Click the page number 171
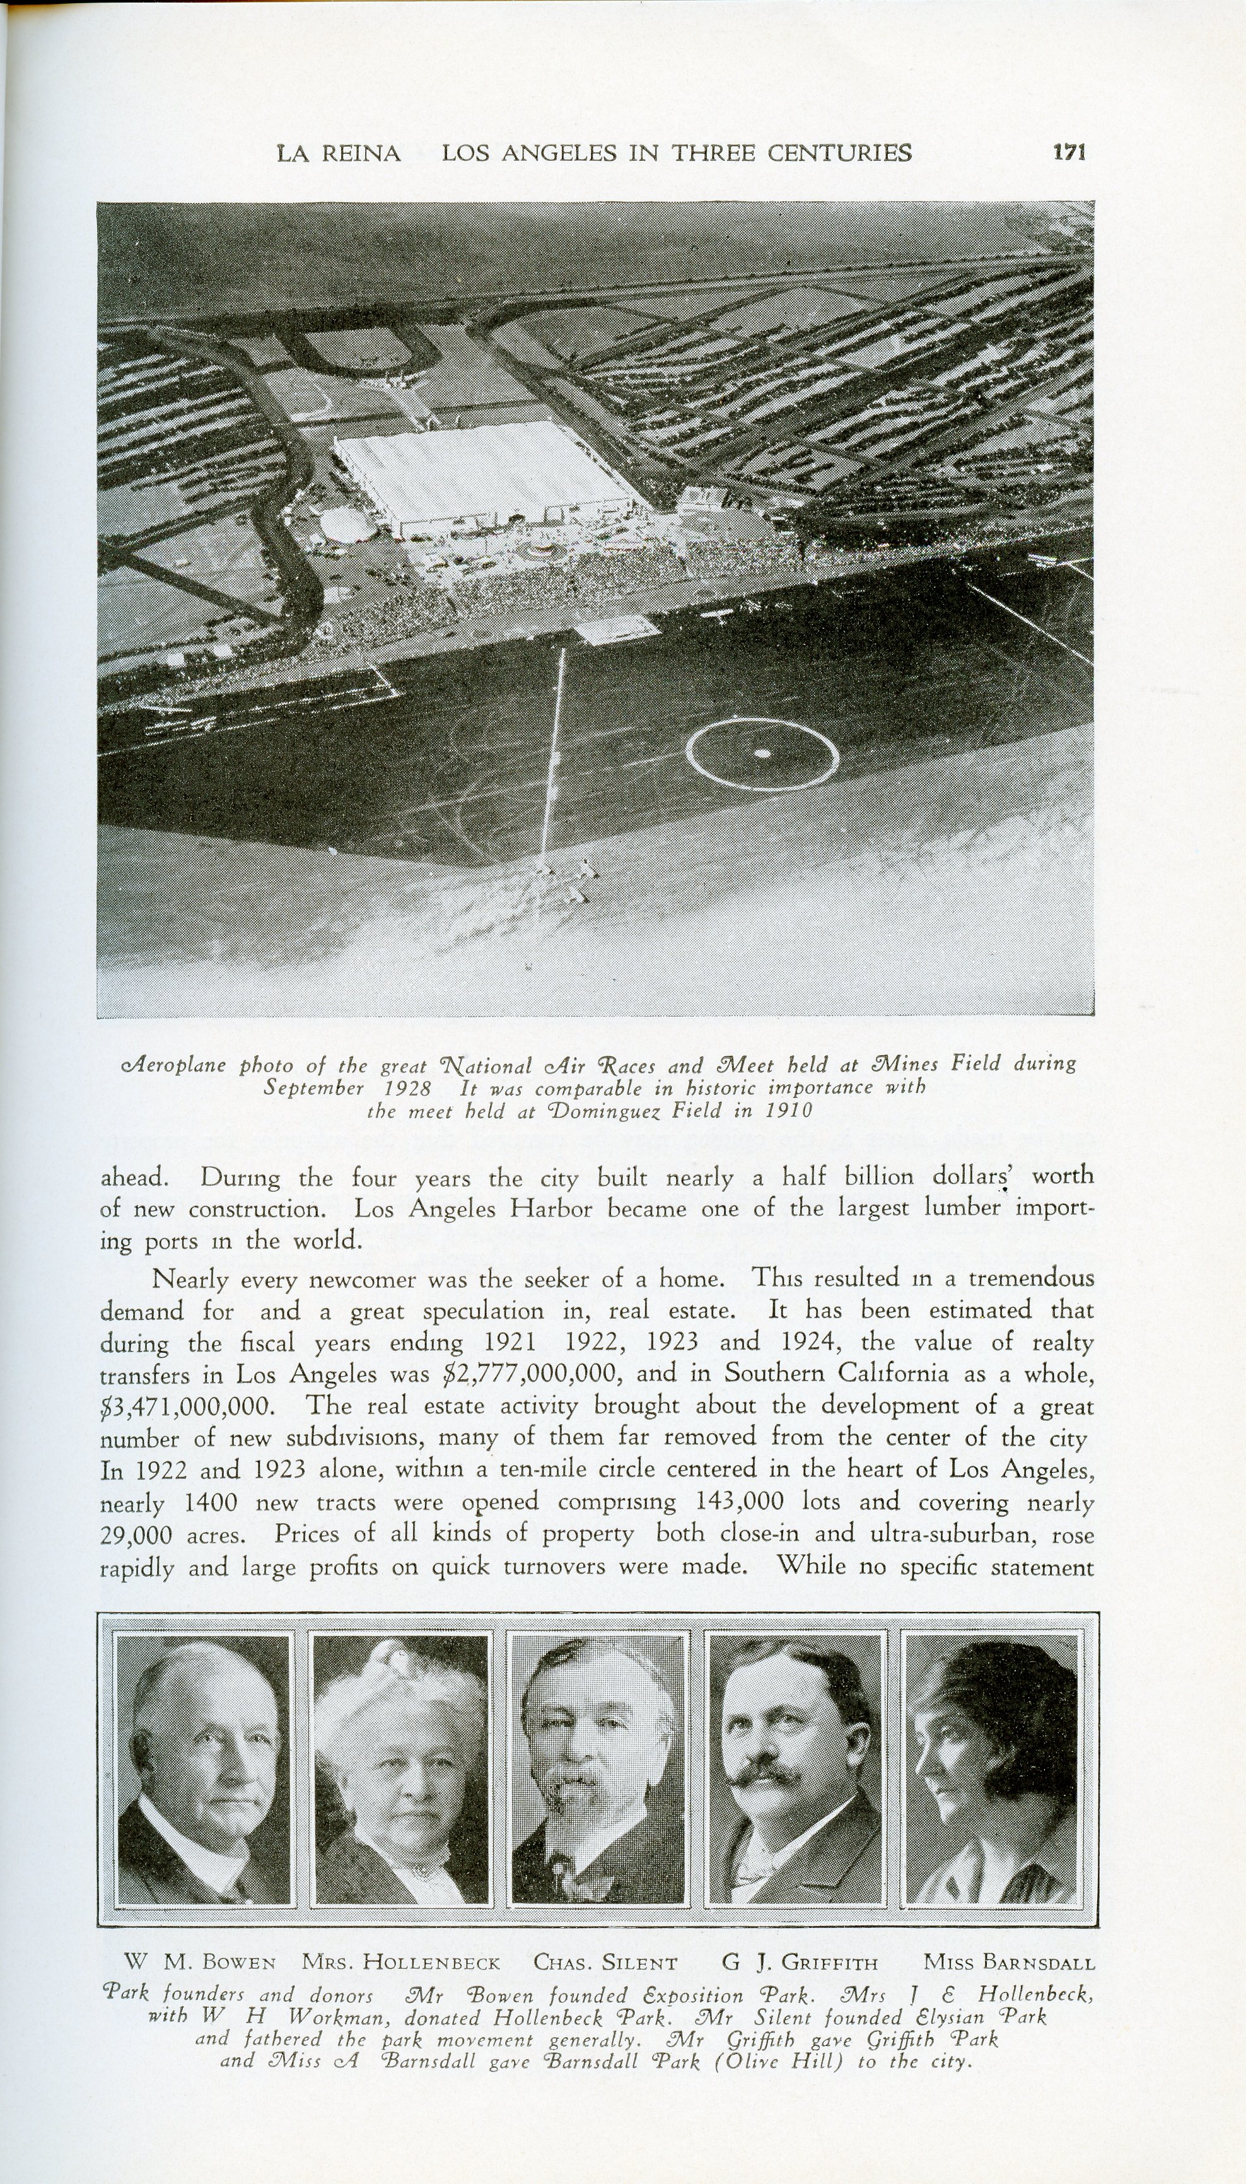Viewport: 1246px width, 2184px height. point(1069,153)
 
